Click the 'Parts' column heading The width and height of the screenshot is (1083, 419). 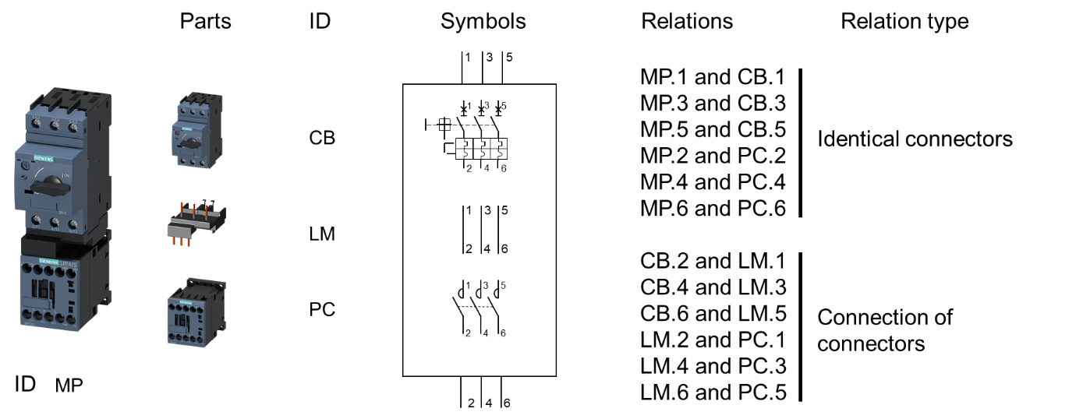[205, 21]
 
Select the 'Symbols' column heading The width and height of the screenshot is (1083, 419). [483, 21]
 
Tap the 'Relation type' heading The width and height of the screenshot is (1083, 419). [904, 21]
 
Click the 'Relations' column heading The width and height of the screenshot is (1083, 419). [686, 21]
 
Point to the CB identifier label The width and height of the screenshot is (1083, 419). [322, 138]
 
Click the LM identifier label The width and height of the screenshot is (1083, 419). [322, 233]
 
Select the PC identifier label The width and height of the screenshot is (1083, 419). [322, 309]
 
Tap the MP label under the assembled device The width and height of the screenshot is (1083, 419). [69, 386]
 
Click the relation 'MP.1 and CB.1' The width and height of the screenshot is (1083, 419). [713, 77]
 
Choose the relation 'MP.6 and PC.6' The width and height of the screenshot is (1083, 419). [713, 208]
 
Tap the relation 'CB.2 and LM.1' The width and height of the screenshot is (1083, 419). [713, 261]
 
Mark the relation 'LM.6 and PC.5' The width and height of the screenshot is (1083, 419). [713, 392]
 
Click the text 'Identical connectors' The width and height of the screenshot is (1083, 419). [914, 139]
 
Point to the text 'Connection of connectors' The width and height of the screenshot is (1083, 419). [884, 330]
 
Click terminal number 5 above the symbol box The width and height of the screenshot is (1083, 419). [508, 57]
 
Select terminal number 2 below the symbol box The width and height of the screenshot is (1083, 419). [471, 403]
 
